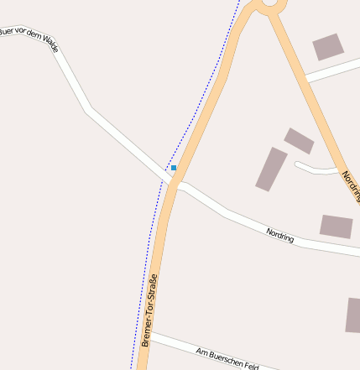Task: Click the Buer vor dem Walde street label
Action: [29, 38]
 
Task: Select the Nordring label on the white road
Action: [280, 235]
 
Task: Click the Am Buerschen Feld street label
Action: [225, 358]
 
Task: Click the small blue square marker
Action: [174, 168]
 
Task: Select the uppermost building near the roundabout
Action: [328, 47]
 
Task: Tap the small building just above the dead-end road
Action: [299, 140]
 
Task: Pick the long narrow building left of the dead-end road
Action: [271, 169]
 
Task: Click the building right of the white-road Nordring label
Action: [336, 226]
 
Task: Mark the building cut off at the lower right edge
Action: [353, 315]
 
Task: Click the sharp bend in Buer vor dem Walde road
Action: [86, 109]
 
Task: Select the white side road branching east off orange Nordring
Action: [332, 71]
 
